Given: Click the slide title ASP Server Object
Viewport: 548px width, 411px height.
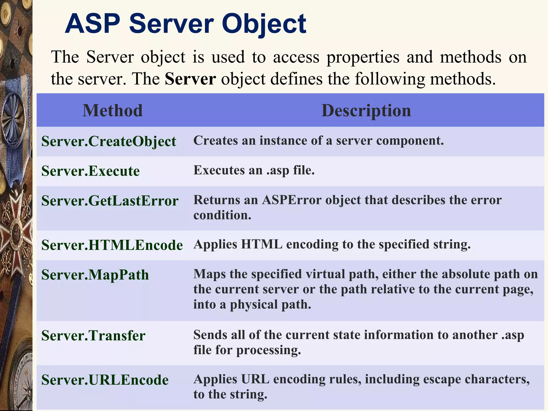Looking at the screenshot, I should coord(185,24).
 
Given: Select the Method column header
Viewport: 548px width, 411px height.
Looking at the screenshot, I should coord(112,110).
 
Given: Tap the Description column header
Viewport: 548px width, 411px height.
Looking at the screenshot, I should coord(366,110).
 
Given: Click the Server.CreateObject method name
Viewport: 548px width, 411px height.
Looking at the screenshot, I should coord(109,141).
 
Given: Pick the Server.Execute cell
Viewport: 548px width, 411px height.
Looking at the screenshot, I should coord(90,171).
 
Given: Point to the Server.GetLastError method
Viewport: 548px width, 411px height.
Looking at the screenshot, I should coord(110,201).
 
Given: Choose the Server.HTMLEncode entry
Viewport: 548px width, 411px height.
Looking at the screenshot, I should coord(112,245).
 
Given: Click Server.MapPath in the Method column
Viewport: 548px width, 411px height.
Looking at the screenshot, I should coord(95,275).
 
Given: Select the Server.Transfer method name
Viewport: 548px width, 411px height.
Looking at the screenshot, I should coord(93,336).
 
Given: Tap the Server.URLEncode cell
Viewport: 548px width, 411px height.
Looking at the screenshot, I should coord(105,380).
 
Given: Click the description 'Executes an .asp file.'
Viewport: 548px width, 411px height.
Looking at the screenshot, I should coord(254,170).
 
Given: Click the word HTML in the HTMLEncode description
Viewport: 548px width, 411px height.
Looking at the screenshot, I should coord(261,244).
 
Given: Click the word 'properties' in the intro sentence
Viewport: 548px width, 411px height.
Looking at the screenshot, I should coord(363,57).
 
